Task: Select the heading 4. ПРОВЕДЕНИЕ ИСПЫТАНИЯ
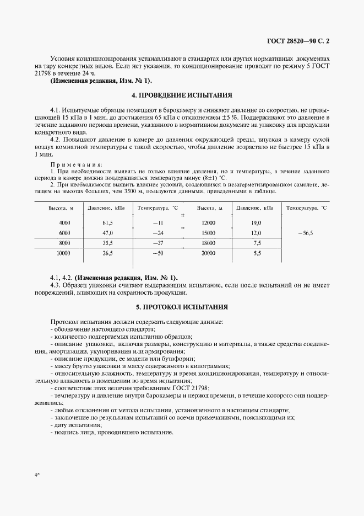click(x=182, y=95)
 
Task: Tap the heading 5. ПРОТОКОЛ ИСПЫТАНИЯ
click(x=182, y=306)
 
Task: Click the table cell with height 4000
click(x=64, y=223)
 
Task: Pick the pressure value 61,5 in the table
click(x=107, y=223)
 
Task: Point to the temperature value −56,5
click(x=305, y=233)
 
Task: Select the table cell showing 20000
click(x=209, y=253)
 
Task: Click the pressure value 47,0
click(x=107, y=233)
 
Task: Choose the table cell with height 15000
click(x=209, y=233)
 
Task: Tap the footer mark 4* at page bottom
click(x=36, y=474)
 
